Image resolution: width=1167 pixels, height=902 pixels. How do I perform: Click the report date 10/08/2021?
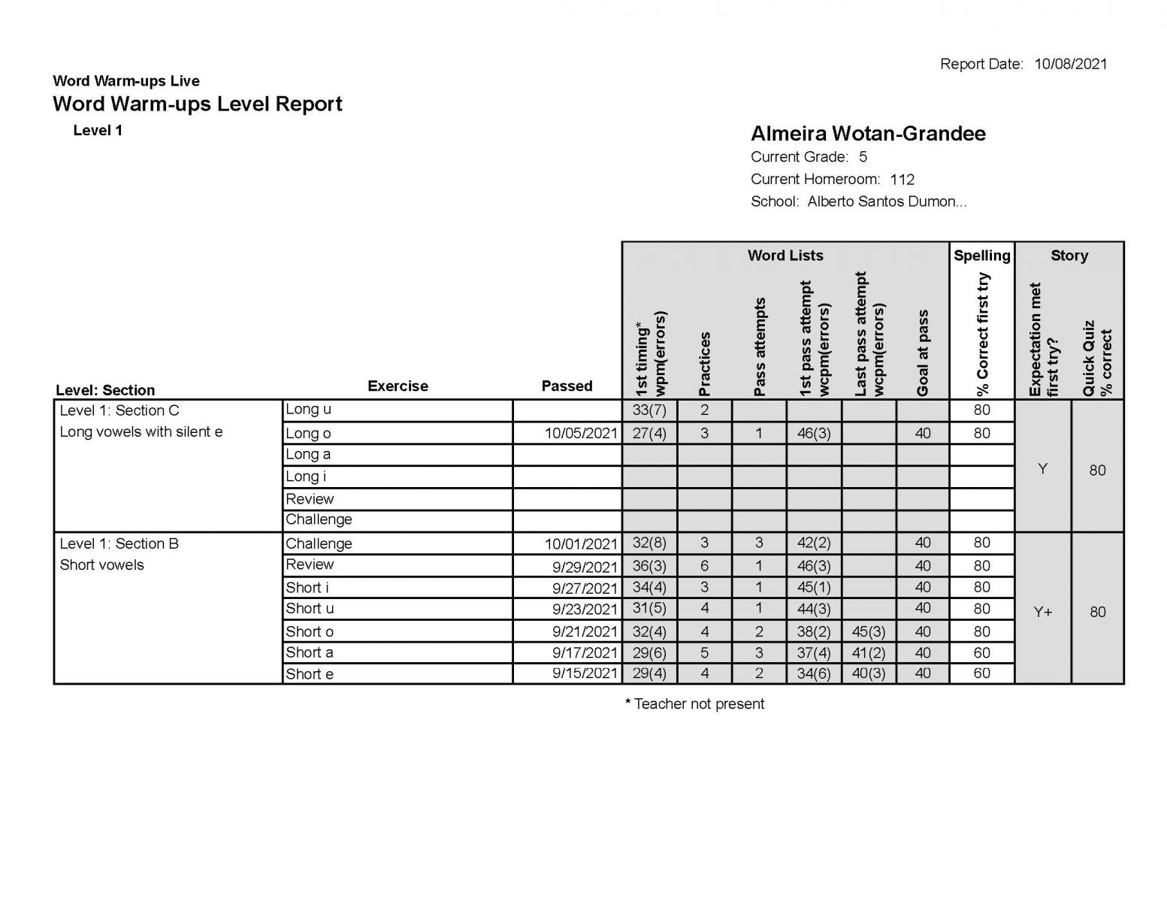click(x=1070, y=64)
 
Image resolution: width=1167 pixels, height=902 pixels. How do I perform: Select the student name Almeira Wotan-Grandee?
click(x=868, y=134)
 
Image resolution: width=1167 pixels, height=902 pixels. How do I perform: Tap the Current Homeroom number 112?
click(x=902, y=179)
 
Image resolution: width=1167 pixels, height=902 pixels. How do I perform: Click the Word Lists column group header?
click(x=785, y=256)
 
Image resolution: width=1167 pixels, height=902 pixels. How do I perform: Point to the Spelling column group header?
click(x=981, y=256)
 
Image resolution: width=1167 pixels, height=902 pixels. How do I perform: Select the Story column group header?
click(x=1069, y=256)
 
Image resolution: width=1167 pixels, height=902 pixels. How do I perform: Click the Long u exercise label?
click(x=308, y=410)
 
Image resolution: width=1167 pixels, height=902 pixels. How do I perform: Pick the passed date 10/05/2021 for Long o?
click(x=581, y=433)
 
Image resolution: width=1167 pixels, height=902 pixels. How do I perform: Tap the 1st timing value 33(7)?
click(x=649, y=410)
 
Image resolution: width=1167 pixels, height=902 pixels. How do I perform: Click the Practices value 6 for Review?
click(x=704, y=565)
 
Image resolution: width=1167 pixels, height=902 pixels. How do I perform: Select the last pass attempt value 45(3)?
click(x=869, y=631)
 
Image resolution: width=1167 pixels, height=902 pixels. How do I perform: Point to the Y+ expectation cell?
click(x=1042, y=612)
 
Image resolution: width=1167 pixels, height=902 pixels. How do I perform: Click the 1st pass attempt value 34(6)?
click(x=814, y=673)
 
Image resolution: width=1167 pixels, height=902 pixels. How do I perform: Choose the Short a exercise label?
click(x=309, y=652)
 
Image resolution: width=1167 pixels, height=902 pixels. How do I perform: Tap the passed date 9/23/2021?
click(x=585, y=610)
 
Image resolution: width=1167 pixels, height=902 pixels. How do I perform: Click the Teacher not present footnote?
click(x=695, y=704)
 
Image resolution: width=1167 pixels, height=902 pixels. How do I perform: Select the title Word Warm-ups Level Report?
click(x=198, y=104)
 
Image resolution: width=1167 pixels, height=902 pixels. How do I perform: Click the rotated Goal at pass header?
click(x=923, y=353)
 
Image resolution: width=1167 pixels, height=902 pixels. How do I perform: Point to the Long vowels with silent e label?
click(x=141, y=431)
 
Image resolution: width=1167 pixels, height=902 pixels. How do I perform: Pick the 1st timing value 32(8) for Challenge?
click(x=649, y=543)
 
